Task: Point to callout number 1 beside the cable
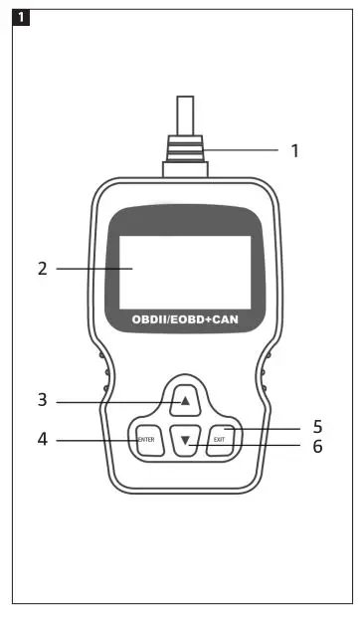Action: pos(294,151)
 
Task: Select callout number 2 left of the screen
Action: pos(43,269)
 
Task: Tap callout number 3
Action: pos(43,400)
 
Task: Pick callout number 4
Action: pos(43,438)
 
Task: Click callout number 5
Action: pos(317,428)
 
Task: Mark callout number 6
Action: pos(317,447)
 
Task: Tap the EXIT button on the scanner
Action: pos(219,439)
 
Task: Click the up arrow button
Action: pos(184,401)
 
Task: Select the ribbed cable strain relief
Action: pos(184,154)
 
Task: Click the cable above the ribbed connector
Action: pos(184,114)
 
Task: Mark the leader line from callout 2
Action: pos(94,269)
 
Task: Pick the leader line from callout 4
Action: pos(94,439)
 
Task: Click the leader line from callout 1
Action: pos(244,151)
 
